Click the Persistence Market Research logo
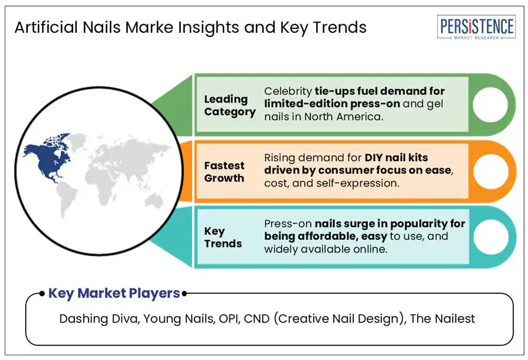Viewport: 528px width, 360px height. click(476, 27)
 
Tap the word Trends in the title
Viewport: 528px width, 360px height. click(340, 27)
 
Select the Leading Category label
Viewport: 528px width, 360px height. click(229, 105)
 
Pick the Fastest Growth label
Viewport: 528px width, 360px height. click(224, 172)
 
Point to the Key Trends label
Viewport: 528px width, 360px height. click(223, 237)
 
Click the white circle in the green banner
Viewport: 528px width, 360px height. click(490, 104)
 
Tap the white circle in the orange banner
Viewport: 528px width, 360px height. click(490, 171)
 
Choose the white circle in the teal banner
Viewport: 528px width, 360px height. click(490, 237)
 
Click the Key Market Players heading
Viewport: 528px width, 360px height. click(114, 293)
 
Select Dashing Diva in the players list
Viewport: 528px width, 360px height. click(99, 318)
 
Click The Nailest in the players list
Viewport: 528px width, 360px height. click(442, 318)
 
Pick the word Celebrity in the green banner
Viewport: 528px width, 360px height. click(288, 91)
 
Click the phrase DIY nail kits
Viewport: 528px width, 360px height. click(397, 157)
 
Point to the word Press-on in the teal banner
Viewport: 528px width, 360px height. click(288, 223)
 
